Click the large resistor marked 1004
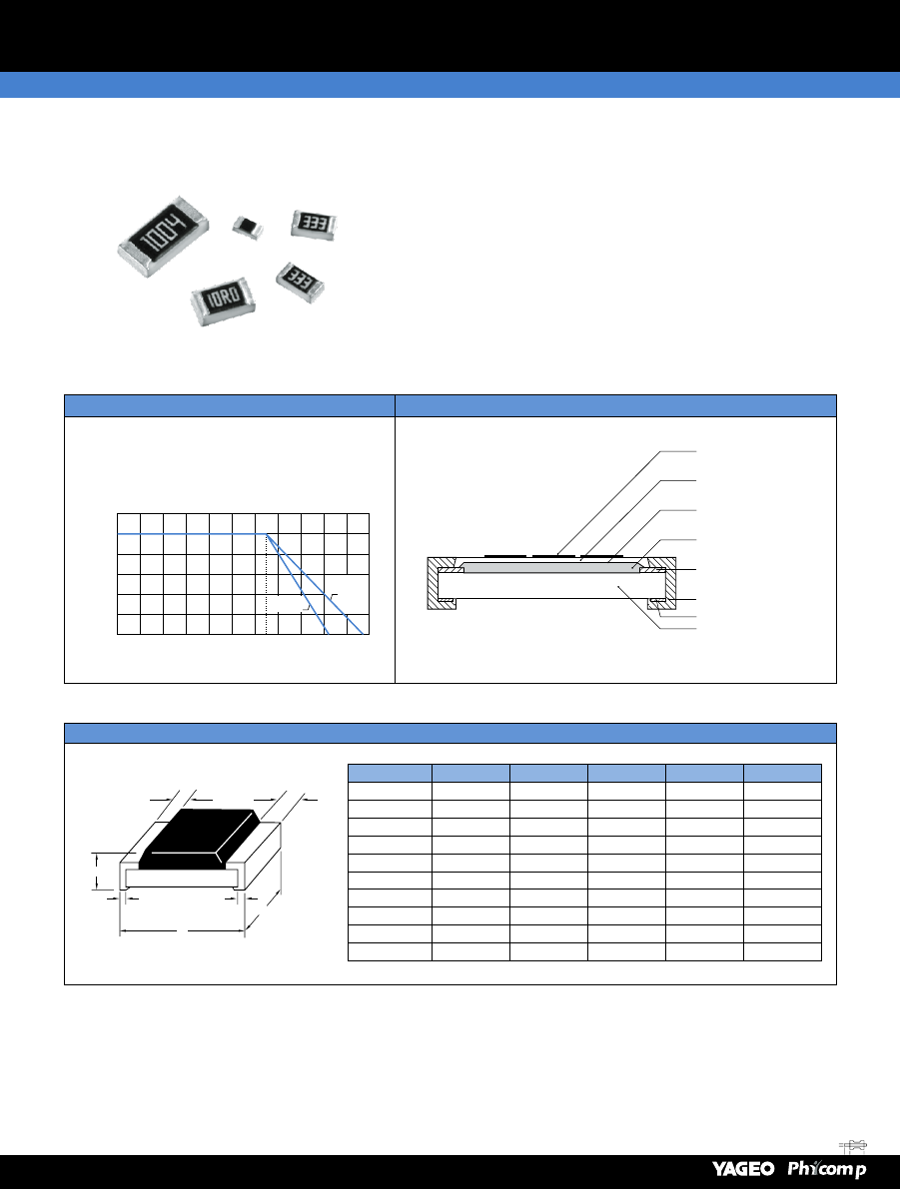pyautogui.click(x=163, y=236)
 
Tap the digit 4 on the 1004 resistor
pyautogui.click(x=175, y=223)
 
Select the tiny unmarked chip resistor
pyautogui.click(x=248, y=227)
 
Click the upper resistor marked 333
pyautogui.click(x=314, y=225)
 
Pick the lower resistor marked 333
pyautogui.click(x=300, y=283)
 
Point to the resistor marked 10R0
pyautogui.click(x=223, y=301)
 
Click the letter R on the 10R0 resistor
pyautogui.click(x=225, y=297)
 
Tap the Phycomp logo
pyautogui.click(x=826, y=1169)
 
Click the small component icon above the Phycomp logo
pyautogui.click(x=854, y=1145)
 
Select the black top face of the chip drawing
pyautogui.click(x=201, y=838)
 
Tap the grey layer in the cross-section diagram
pyautogui.click(x=551, y=566)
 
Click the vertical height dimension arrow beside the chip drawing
pyautogui.click(x=97, y=872)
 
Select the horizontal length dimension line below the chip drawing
pyautogui.click(x=182, y=928)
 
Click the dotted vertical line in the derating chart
pyautogui.click(x=267, y=584)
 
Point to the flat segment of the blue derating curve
pyautogui.click(x=192, y=534)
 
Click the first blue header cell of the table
pyautogui.click(x=390, y=773)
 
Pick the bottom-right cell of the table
pyautogui.click(x=782, y=951)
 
